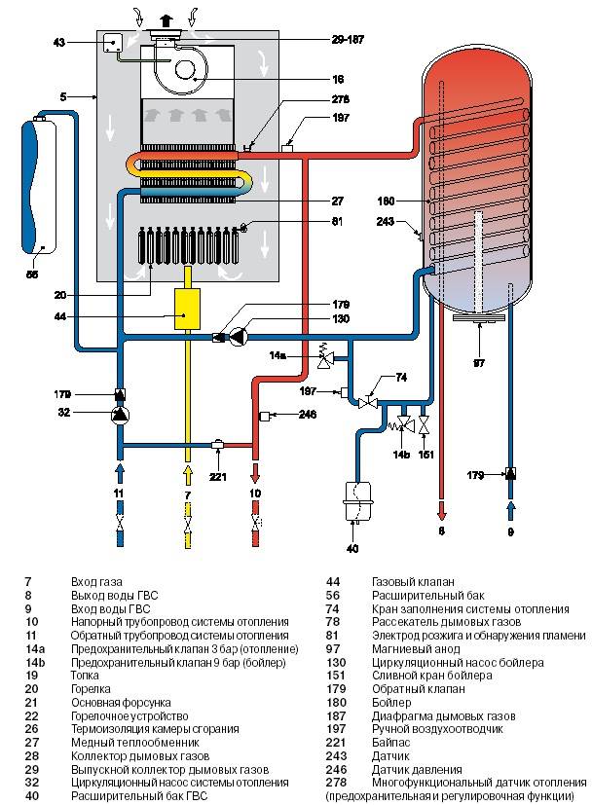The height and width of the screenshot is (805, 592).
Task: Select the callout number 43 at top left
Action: [x=58, y=43]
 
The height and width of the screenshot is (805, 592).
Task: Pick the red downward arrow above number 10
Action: [x=256, y=474]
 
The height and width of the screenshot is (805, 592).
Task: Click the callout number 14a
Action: [x=277, y=355]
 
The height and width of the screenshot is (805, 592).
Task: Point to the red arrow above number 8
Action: [x=442, y=507]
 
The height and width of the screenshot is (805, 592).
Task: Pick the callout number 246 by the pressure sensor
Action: [x=309, y=416]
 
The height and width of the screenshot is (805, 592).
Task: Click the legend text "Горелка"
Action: [x=92, y=687]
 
